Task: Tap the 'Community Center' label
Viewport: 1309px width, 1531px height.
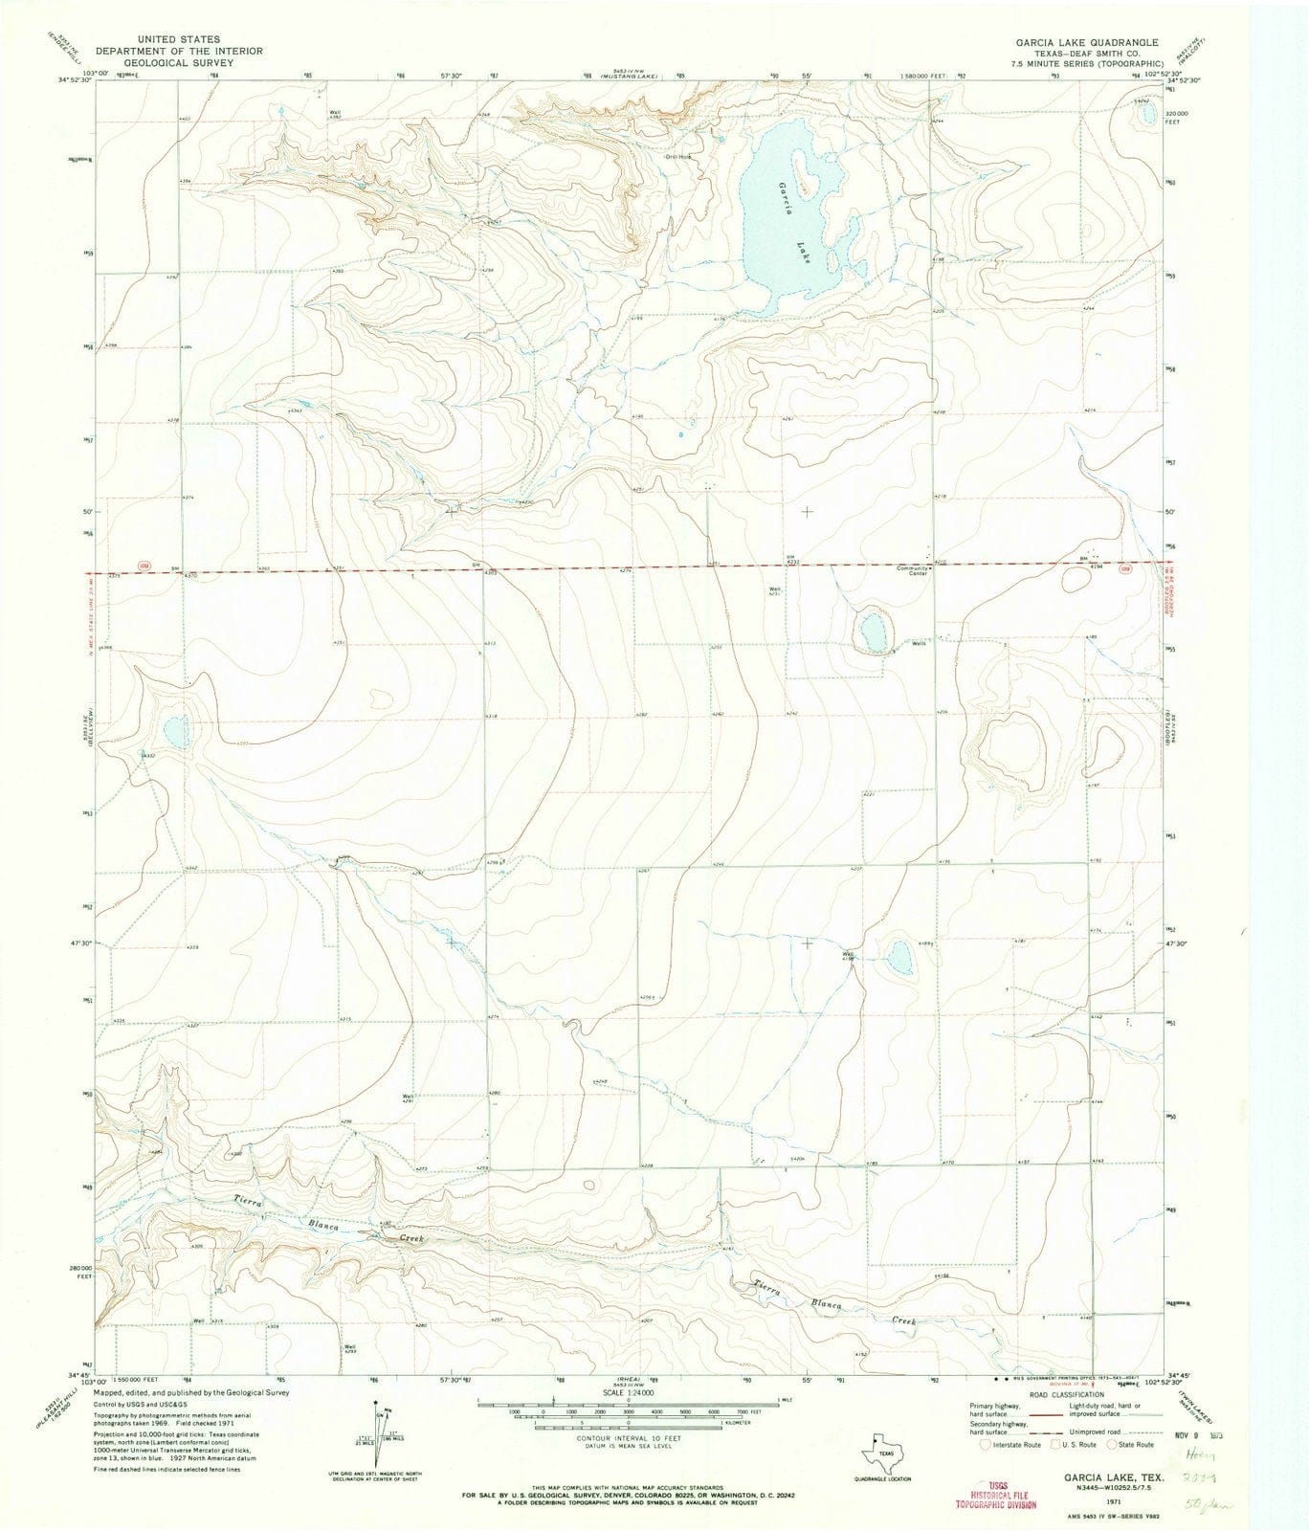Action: tap(912, 568)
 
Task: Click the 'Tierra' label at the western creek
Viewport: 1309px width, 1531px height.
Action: tap(234, 1202)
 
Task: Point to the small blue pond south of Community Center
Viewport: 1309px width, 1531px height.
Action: tap(873, 632)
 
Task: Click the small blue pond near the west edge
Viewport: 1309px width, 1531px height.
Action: tap(176, 734)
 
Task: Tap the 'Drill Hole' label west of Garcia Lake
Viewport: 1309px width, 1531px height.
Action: tap(678, 158)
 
